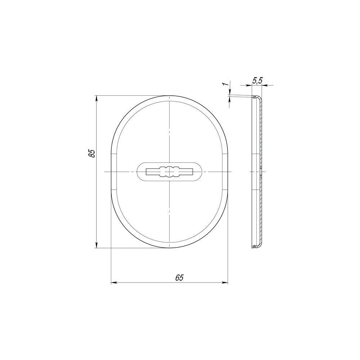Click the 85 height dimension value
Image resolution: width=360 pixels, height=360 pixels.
click(x=92, y=153)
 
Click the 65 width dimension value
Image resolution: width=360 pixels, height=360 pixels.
click(x=179, y=278)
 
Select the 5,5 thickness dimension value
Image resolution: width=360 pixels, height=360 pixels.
click(x=257, y=81)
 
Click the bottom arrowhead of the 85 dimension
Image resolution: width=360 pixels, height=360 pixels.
click(x=96, y=245)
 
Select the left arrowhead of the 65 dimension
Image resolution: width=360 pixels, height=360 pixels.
click(x=114, y=283)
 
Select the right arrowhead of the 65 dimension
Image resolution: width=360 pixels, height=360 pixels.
click(x=224, y=283)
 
